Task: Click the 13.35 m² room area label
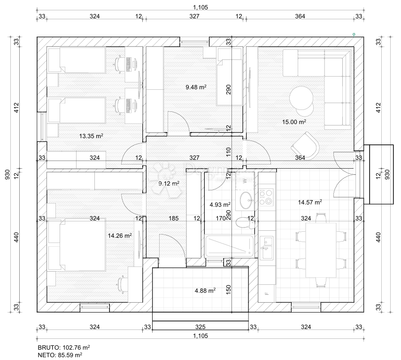[x=91, y=136]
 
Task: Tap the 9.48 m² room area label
[x=196, y=87]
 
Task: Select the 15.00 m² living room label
[x=294, y=122]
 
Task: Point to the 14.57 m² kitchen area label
[x=310, y=203]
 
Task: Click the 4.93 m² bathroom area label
[x=219, y=204]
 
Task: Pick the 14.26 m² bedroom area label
[x=120, y=236]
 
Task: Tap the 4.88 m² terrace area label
[x=205, y=290]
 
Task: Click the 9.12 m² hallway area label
[x=169, y=183]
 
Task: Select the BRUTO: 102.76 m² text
[x=64, y=347]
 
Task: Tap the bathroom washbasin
[x=246, y=201]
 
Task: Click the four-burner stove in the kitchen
[x=266, y=197]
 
